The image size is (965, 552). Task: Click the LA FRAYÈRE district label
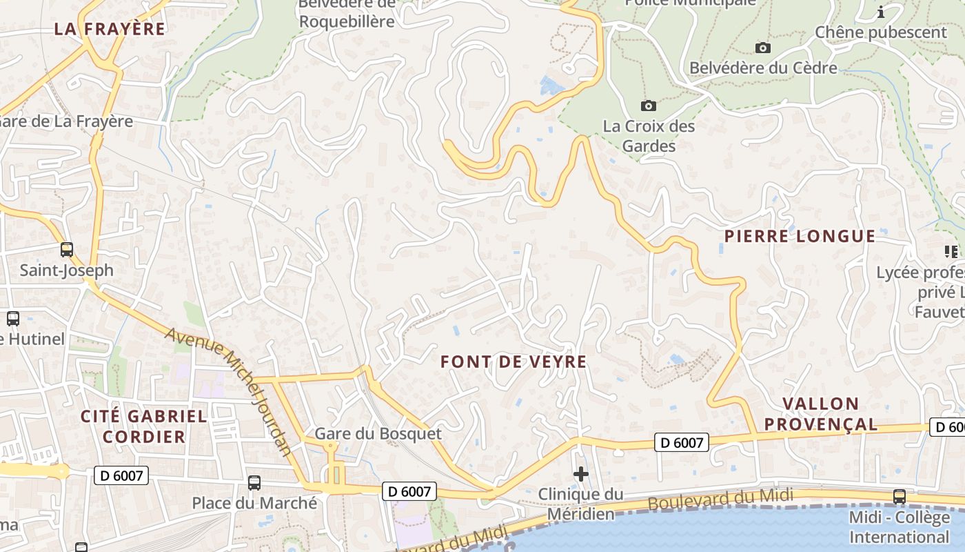[110, 29]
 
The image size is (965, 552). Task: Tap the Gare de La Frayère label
[66, 121]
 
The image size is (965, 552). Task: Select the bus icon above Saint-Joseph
[67, 250]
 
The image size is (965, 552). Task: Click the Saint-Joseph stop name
[66, 270]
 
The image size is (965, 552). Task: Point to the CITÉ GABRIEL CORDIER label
[144, 426]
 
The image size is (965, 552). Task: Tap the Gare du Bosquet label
[378, 434]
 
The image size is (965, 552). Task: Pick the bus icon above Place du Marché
[254, 483]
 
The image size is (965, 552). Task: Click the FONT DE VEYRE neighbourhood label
[514, 362]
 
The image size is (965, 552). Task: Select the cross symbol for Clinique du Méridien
[581, 474]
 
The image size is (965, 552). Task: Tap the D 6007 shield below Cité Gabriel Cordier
[121, 475]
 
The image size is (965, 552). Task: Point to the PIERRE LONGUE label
[800, 236]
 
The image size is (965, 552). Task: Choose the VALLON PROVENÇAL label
[821, 414]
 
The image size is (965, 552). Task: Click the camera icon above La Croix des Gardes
[648, 106]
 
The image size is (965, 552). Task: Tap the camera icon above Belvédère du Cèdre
[762, 48]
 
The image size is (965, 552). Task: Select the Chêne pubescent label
[881, 32]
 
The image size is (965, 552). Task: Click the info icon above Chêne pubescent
[881, 12]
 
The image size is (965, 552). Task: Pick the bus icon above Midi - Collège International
[899, 496]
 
